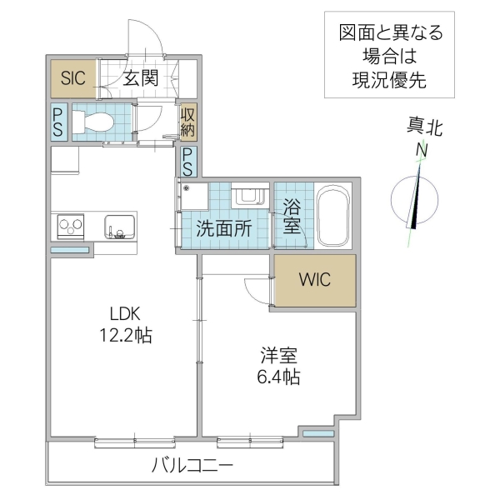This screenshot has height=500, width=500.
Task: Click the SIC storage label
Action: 72,79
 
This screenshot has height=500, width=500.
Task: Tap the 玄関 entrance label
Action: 142,79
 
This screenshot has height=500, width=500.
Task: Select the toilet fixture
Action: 94,122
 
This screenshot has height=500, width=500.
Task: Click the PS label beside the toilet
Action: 58,122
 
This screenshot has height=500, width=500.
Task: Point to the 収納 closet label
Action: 188,121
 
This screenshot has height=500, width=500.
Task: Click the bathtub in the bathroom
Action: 332,215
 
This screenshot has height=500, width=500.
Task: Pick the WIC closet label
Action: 315,279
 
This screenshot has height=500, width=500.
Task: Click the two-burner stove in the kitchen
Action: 69,225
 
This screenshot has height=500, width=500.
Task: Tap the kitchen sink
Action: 117,226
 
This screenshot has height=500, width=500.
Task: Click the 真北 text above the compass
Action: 424,127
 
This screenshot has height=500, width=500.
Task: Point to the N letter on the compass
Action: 422,150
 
